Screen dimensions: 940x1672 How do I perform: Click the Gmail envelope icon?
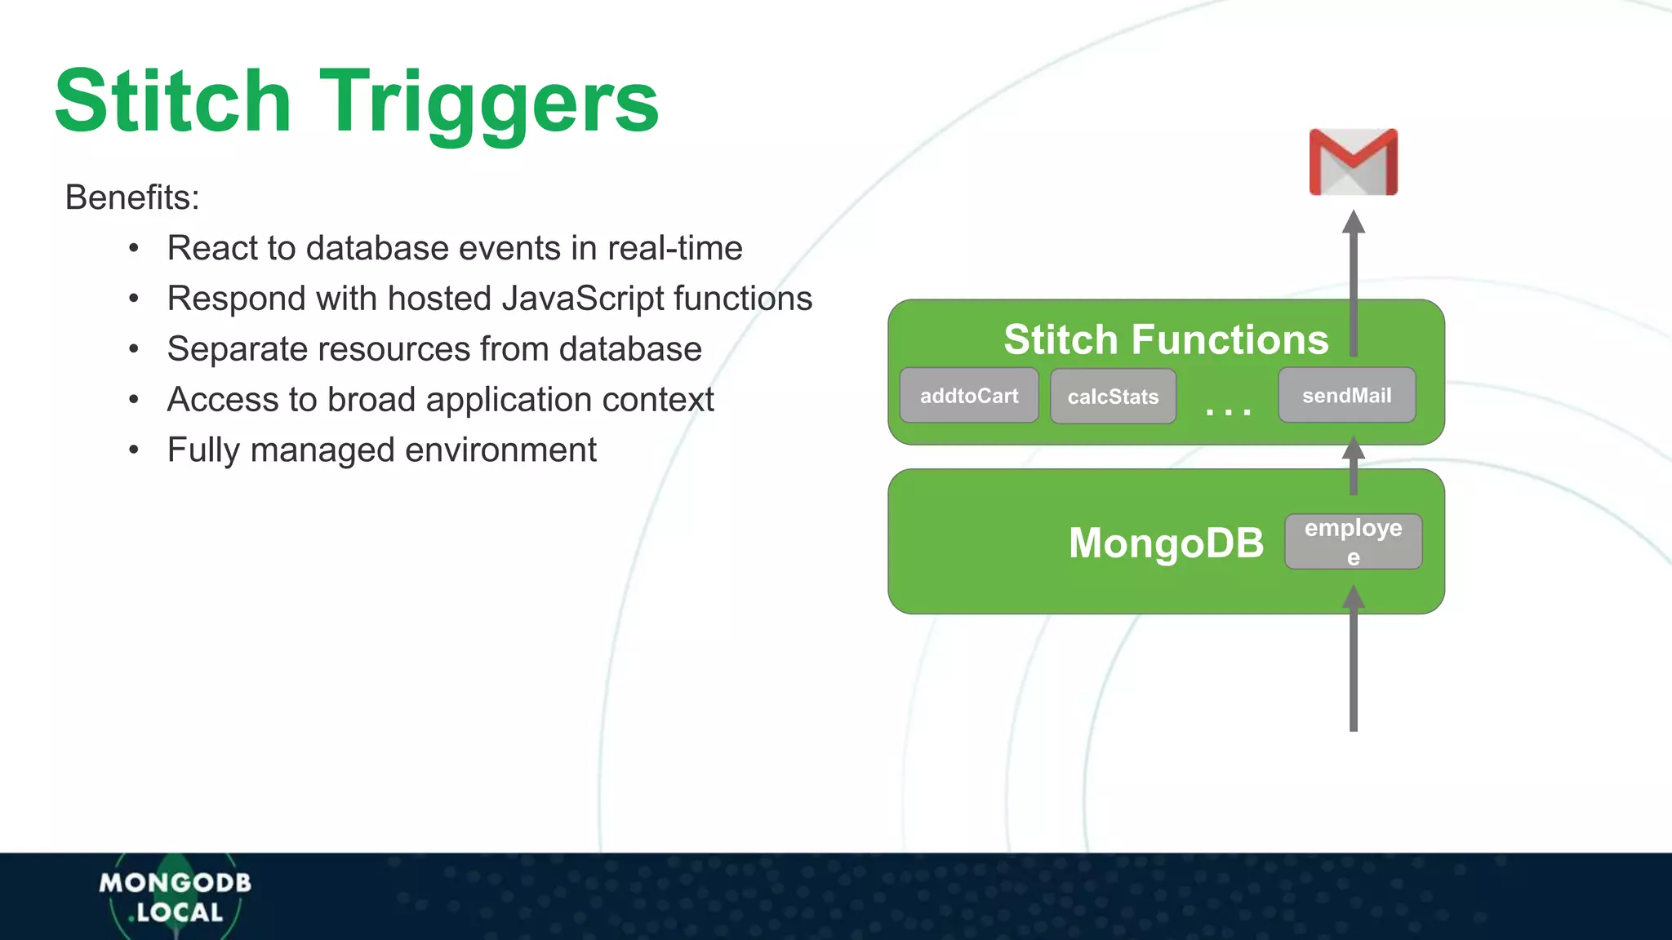click(x=1353, y=162)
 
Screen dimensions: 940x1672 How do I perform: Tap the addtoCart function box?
click(x=969, y=396)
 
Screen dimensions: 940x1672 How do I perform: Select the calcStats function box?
click(x=1113, y=397)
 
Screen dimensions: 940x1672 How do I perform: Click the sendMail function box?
click(x=1346, y=395)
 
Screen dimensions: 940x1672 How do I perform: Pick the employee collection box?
click(x=1353, y=541)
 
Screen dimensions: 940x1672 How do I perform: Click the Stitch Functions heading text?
click(x=1165, y=339)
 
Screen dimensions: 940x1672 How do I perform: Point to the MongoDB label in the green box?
click(x=1166, y=543)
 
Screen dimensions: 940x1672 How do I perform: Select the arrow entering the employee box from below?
click(x=1353, y=661)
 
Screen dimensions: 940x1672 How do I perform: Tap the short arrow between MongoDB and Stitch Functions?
click(x=1353, y=467)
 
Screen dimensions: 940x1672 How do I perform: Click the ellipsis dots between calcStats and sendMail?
click(x=1228, y=411)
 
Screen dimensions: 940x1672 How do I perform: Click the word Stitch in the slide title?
click(x=172, y=101)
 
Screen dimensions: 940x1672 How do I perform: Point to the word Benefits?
click(x=132, y=197)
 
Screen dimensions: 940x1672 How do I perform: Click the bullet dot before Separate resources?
click(x=134, y=350)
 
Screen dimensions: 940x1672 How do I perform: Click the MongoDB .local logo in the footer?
click(x=175, y=897)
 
